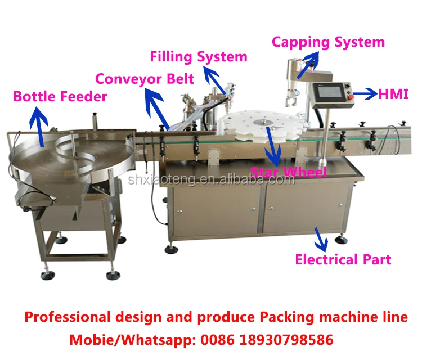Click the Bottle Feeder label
(x=60, y=96)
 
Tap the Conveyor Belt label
(x=145, y=78)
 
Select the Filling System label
(x=198, y=56)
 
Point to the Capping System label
(x=329, y=42)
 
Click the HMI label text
(x=393, y=94)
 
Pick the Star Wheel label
(x=289, y=171)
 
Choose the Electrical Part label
(x=343, y=259)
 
